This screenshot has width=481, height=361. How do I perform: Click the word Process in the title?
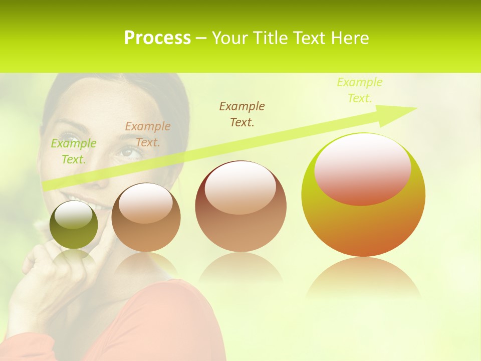[x=157, y=38]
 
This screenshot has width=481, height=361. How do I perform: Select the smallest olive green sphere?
[x=74, y=225]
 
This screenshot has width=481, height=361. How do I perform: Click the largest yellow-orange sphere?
[x=363, y=195]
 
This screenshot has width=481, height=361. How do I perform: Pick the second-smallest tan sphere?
[x=146, y=218]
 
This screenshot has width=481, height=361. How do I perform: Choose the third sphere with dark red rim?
[x=241, y=206]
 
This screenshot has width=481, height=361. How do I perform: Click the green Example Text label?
[x=74, y=151]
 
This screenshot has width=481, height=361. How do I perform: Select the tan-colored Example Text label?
[x=148, y=134]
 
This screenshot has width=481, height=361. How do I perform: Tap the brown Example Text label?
[x=242, y=114]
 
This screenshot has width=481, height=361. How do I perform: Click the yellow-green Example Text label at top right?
[x=360, y=90]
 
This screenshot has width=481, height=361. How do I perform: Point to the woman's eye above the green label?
[x=70, y=136]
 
